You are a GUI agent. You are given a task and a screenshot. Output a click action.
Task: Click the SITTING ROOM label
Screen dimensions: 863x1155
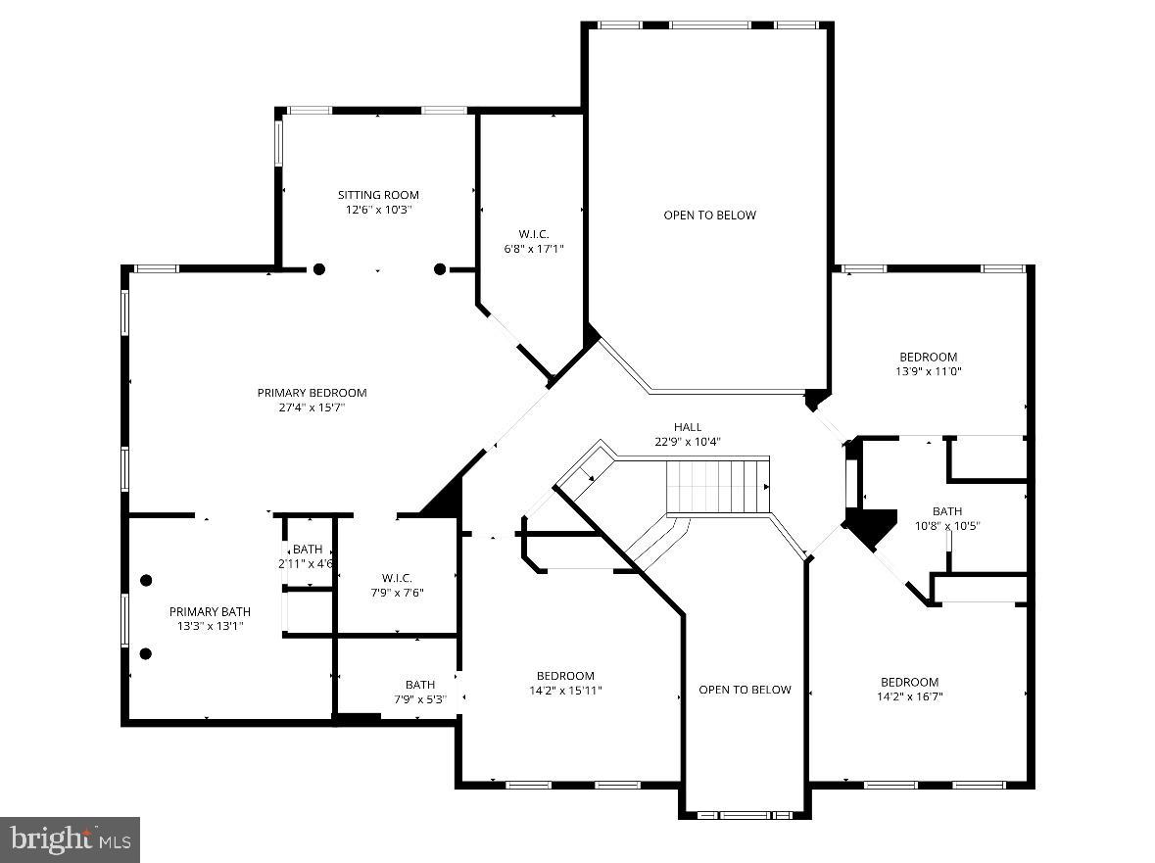378,195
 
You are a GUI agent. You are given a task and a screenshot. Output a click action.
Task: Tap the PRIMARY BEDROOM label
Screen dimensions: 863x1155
312,393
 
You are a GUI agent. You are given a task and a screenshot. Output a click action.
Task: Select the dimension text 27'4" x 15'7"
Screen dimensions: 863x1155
312,408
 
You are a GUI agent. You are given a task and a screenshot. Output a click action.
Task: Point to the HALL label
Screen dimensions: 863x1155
687,427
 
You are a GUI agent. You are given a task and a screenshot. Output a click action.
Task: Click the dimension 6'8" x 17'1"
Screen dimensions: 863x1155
534,249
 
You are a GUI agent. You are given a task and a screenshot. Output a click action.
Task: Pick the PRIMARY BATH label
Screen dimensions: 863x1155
210,611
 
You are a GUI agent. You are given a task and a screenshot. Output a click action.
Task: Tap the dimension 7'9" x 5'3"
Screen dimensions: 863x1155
419,699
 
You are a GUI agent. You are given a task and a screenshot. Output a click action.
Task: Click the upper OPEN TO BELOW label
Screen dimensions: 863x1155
709,216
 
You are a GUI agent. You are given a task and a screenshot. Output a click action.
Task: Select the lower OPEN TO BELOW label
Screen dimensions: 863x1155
745,690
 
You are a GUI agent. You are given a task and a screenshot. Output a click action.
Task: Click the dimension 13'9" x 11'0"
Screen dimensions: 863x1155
929,371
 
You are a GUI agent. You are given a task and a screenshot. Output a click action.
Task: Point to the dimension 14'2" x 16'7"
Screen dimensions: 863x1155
909,697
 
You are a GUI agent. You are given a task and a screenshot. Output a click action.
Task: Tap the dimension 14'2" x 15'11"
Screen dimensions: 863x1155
565,691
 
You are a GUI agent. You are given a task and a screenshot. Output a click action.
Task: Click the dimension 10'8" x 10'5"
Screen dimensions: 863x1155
946,526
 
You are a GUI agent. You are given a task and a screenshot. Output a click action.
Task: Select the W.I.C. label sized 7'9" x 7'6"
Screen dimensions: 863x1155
397,578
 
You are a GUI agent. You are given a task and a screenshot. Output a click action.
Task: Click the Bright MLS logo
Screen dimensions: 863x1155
71,839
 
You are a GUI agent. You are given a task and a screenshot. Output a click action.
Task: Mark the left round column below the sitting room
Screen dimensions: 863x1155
318,269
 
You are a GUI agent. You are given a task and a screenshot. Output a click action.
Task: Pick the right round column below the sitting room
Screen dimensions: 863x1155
440,269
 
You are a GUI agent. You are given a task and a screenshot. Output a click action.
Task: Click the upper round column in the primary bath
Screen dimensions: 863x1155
146,580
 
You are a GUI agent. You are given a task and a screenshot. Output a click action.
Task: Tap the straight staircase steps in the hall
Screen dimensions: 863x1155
717,485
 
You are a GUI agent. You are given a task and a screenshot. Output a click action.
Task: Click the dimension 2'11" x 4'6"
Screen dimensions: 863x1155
307,563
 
